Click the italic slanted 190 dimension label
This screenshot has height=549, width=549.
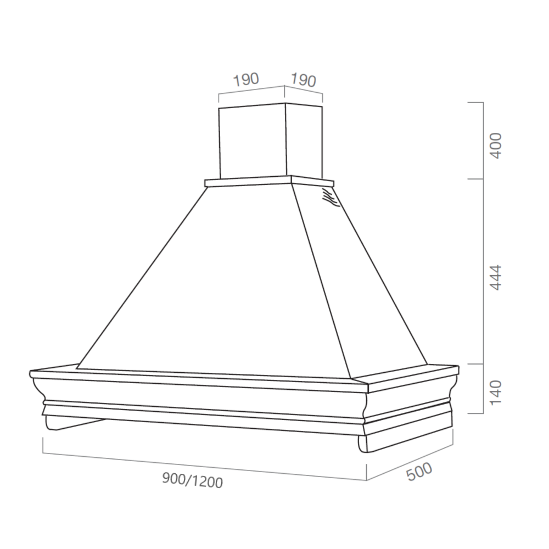click(x=304, y=80)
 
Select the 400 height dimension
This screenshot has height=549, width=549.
click(x=496, y=145)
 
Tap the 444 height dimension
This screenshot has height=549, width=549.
click(x=496, y=278)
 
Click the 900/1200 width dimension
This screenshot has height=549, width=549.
click(x=192, y=481)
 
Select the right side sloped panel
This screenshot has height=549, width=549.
click(x=357, y=285)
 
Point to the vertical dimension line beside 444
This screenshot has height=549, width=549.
click(x=483, y=271)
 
